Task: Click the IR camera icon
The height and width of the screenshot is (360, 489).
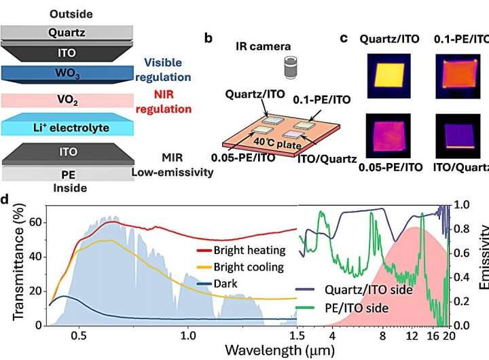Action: pos(291,69)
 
